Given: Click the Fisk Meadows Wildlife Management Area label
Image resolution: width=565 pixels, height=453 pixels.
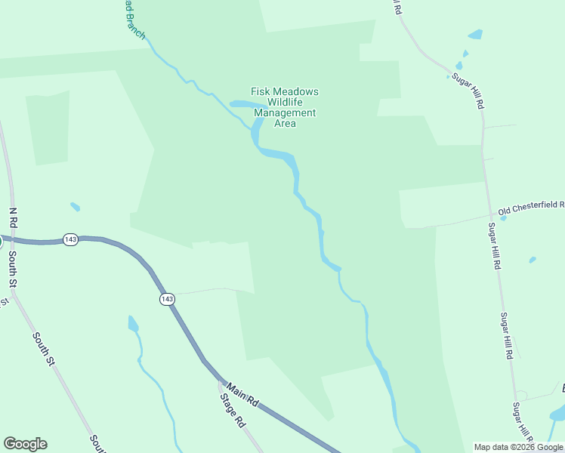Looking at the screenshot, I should pos(285,107).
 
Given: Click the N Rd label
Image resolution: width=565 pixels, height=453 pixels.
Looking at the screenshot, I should pos(12,219).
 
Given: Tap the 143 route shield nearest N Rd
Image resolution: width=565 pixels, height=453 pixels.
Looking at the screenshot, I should pos(70,239).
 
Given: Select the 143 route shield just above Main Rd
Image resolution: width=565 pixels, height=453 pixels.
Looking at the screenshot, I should pos(167,300).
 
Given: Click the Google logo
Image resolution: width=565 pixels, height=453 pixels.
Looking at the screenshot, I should pos(25,444).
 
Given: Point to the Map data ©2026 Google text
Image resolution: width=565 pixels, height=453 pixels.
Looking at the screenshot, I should pos(519,447).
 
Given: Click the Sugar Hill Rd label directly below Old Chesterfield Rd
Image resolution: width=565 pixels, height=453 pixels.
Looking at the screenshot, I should pos(494,246).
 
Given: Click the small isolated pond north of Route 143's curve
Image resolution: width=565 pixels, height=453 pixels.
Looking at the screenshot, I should pos(75,206).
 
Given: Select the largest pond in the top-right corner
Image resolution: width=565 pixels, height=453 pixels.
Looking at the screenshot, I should pos(475,34).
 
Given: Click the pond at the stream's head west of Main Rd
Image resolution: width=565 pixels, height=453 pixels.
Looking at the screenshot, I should pos(133,324).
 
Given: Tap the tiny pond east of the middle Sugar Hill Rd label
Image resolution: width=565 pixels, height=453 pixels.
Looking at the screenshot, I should pos(533,260).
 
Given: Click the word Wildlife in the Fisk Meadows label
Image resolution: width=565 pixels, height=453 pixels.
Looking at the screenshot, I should pos(285,103).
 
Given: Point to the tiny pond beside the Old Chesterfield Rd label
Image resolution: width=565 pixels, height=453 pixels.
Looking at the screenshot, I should pos(503,217).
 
